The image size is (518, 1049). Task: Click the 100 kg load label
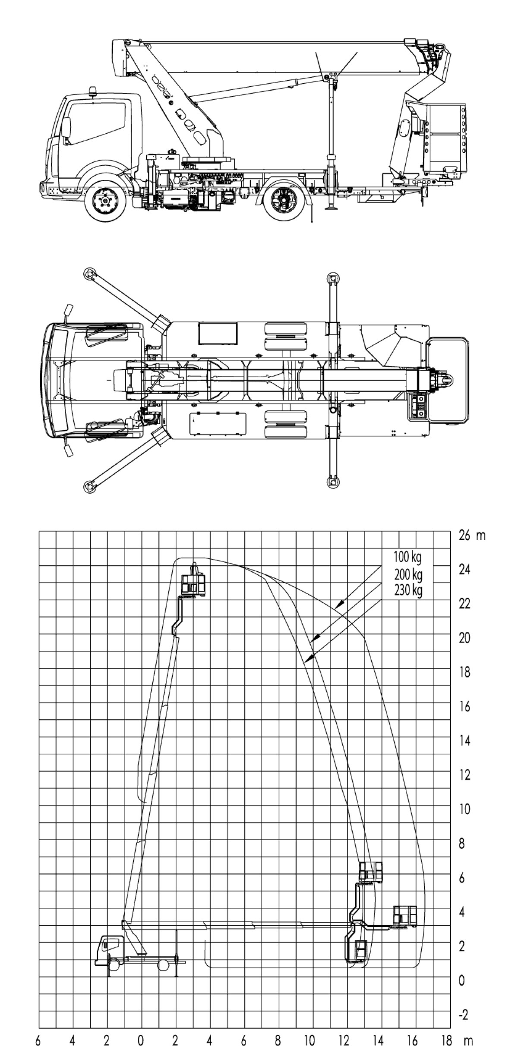coord(407,557)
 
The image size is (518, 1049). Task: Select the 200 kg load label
coord(408,574)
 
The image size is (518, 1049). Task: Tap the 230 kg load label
coord(408,590)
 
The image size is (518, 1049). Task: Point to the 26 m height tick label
coord(472,536)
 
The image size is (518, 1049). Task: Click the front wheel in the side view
coord(105,202)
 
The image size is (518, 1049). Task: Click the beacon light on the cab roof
coord(93,91)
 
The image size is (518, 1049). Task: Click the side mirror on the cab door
coord(66,128)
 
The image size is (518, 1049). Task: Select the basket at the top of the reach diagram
coord(193,580)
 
